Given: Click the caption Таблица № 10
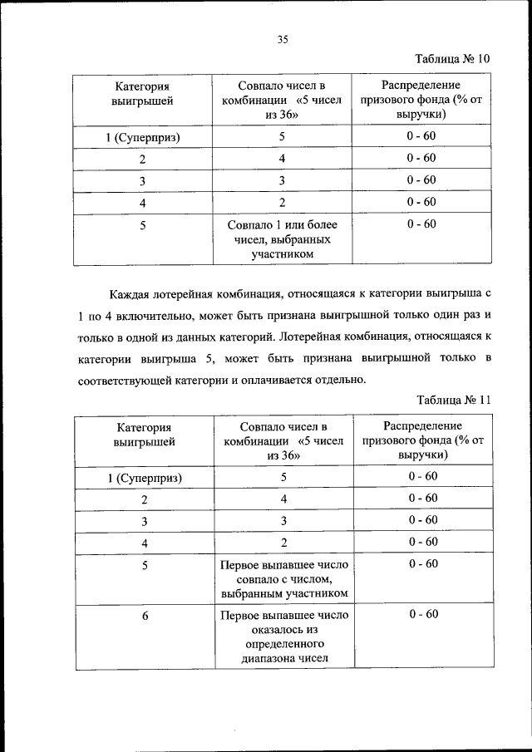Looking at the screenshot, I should [x=452, y=58].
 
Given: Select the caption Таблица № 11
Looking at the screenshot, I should [x=453, y=399].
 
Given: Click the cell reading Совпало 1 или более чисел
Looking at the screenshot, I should [x=283, y=239].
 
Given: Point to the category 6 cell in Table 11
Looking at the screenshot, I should [x=145, y=615].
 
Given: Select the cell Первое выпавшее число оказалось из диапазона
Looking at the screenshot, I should [x=284, y=636].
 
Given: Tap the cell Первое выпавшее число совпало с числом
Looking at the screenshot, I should [x=284, y=579].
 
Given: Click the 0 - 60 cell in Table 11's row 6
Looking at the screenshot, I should [x=422, y=614].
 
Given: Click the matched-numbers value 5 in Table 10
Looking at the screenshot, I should [x=283, y=136].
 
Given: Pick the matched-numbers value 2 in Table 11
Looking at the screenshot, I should [x=283, y=543].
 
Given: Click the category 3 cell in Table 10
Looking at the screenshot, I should [x=143, y=180].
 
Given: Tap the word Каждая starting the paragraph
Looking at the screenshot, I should [x=131, y=294].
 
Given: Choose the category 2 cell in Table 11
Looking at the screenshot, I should [x=145, y=499].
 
